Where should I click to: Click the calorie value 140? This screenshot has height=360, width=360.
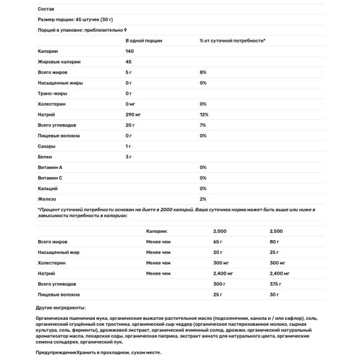click(x=130, y=51)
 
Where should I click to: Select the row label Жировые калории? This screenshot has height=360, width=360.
click(x=59, y=62)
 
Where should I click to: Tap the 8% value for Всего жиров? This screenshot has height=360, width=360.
click(x=203, y=73)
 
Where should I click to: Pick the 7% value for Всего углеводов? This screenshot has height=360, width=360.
click(x=203, y=125)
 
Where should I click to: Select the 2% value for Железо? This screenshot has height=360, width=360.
click(x=203, y=199)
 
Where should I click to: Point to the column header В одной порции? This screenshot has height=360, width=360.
click(x=144, y=40)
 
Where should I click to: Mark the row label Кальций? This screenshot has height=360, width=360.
click(x=48, y=189)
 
